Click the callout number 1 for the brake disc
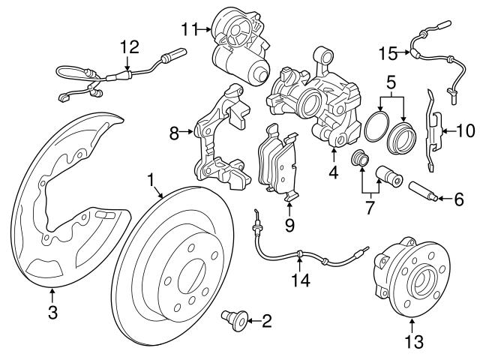[151, 179]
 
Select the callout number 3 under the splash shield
[52, 313]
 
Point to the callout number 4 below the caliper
[333, 172]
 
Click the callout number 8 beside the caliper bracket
[174, 134]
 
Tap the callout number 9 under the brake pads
[289, 223]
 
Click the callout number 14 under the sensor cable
[299, 281]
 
